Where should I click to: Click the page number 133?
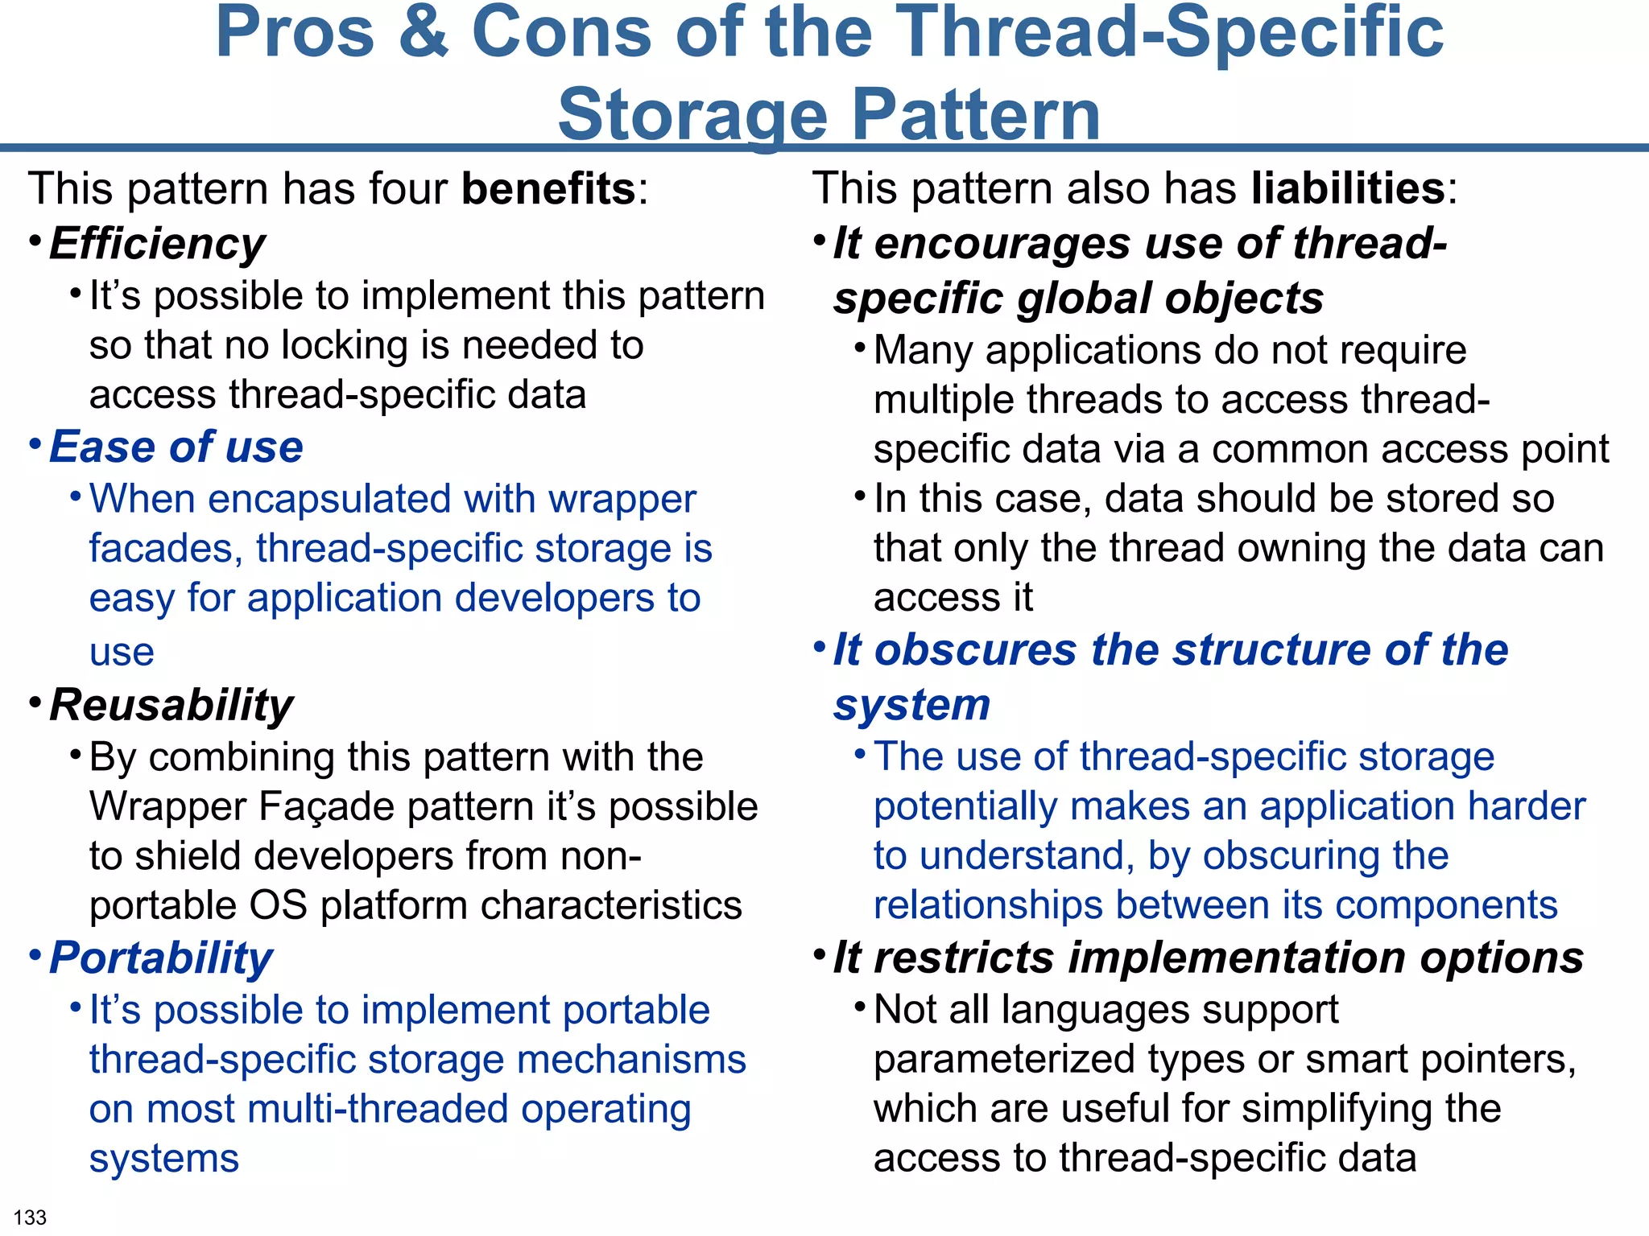[31, 1217]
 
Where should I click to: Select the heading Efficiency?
[157, 244]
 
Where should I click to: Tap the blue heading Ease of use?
[176, 447]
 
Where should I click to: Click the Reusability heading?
[171, 706]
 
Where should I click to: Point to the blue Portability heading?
[161, 958]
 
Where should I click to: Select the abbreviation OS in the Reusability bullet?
[279, 905]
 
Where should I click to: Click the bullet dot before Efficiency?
[35, 240]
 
